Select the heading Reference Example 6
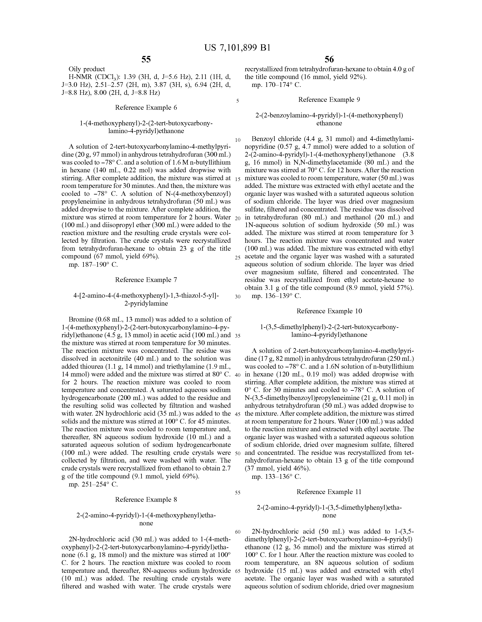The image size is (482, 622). click(146, 107)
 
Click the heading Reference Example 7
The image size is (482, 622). click(146, 280)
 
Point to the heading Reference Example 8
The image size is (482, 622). click(146, 499)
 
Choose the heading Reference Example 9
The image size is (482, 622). click(329, 100)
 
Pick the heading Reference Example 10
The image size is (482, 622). click(329, 311)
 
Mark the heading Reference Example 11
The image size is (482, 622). click(329, 492)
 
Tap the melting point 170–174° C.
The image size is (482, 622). click(276, 85)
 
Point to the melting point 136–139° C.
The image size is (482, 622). click(276, 296)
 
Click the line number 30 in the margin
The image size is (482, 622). click(238, 296)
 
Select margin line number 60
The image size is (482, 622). click(238, 532)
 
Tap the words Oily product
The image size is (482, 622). click(86, 69)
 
